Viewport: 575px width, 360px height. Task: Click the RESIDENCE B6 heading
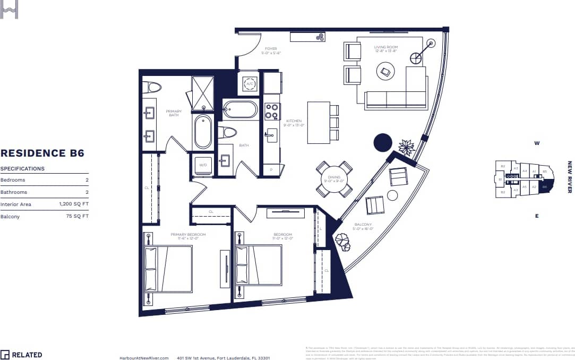(42, 153)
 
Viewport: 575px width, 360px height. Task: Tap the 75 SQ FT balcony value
(77, 216)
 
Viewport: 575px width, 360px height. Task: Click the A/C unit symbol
(250, 84)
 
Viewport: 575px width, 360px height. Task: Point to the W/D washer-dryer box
(203, 166)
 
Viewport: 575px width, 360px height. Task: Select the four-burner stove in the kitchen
(272, 111)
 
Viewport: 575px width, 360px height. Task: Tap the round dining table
(334, 179)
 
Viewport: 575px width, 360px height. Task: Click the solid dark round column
(383, 142)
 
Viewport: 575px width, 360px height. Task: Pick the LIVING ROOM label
(385, 47)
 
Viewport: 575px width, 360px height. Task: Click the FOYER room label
(271, 49)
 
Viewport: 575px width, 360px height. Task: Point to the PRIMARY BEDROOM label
(188, 234)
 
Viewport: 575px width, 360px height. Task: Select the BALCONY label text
(364, 225)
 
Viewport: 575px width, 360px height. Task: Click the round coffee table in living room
(385, 72)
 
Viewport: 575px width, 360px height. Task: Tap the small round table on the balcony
(392, 195)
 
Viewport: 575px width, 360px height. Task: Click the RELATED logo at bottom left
(21, 355)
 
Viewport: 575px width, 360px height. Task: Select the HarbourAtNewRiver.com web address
(144, 358)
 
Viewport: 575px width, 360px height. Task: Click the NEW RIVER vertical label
(569, 177)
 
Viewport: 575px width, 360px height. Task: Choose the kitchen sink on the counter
(272, 135)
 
